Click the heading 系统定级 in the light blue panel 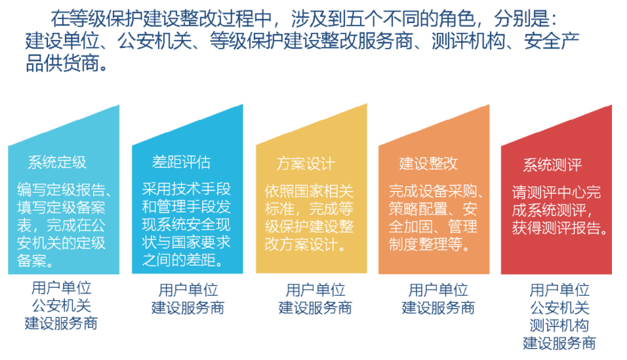(57, 163)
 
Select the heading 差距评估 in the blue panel (181, 162)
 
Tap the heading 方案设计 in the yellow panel (306, 163)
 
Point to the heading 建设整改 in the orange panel (428, 163)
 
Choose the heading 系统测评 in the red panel (552, 165)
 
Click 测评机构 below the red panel (559, 326)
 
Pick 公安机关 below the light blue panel (62, 306)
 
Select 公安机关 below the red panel (559, 308)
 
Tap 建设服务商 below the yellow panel (315, 308)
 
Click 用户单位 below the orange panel (438, 290)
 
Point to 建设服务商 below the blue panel (188, 308)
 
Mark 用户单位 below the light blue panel (62, 288)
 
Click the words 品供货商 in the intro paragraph (62, 63)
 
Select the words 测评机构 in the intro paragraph (469, 41)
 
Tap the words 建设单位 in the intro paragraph (62, 41)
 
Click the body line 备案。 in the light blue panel (35, 261)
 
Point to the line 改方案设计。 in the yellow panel (306, 245)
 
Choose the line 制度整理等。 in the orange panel (430, 244)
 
